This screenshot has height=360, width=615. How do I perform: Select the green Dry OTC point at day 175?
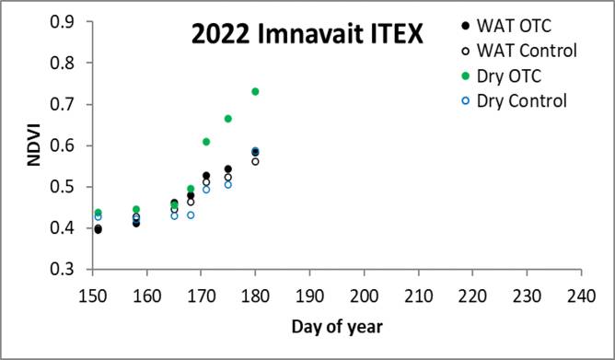[x=227, y=119]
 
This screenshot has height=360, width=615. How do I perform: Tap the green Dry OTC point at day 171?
[x=206, y=142]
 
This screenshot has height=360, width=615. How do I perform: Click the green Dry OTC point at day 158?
[x=136, y=210]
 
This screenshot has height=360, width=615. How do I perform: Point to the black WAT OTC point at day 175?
[x=227, y=169]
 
